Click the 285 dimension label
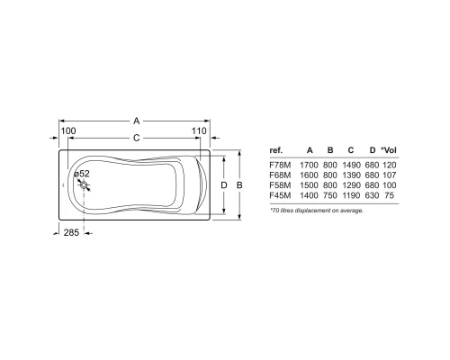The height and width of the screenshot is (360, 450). click(x=68, y=233)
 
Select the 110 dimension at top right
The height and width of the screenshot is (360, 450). click(x=201, y=131)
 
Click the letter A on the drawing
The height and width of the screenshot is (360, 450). click(x=135, y=120)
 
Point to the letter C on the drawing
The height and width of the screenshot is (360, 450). click(x=135, y=138)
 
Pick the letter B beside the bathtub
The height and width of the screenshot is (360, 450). click(x=238, y=184)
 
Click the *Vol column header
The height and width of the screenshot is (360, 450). click(x=388, y=151)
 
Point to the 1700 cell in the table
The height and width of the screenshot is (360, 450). click(x=310, y=166)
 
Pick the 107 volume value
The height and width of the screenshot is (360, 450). click(x=389, y=176)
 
